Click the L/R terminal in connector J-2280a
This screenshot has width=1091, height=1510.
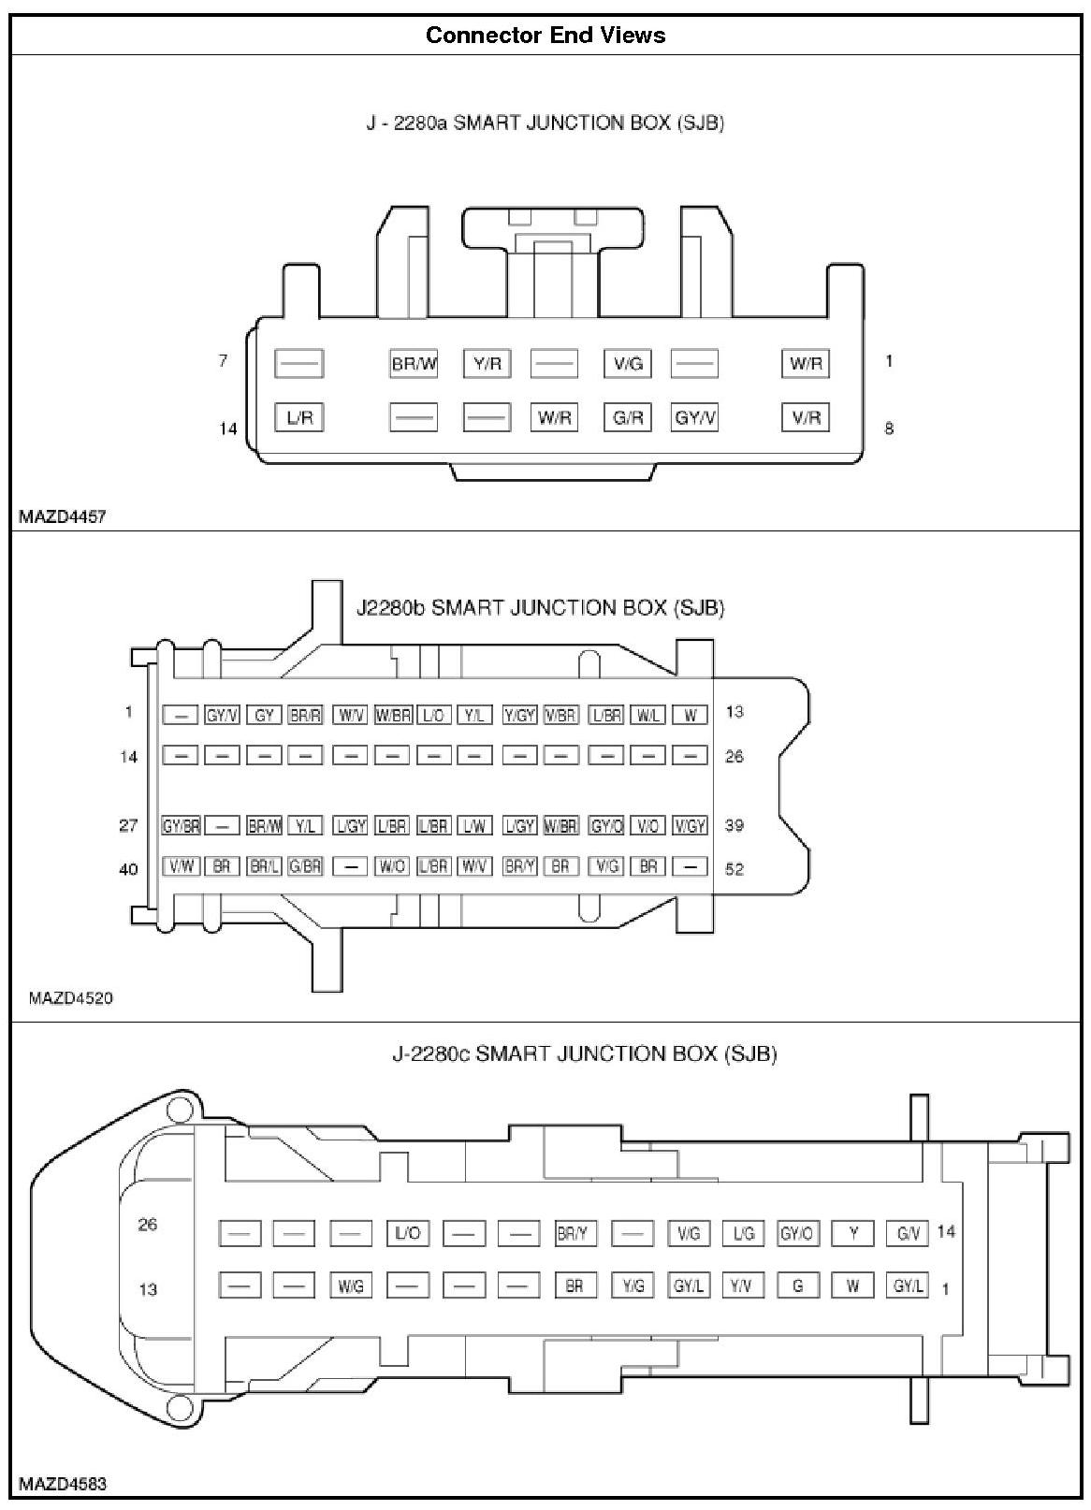point(298,417)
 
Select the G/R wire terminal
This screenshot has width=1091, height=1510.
point(628,417)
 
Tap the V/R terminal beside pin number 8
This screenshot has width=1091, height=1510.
point(806,417)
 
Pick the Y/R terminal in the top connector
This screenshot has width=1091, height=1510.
point(487,363)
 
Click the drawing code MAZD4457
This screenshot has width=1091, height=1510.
point(62,516)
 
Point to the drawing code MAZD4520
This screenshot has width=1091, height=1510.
point(70,997)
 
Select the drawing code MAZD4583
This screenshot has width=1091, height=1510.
point(62,1483)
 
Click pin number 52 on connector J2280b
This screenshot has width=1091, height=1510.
point(735,869)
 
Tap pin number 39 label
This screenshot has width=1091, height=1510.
point(735,825)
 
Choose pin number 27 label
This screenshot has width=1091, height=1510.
point(128,825)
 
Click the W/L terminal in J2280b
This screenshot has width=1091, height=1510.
point(648,716)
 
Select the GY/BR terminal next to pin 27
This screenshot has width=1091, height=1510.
point(181,826)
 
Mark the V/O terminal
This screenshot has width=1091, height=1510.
point(648,826)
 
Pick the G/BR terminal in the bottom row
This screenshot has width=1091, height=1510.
point(305,866)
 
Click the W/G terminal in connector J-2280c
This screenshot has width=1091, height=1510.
point(351,1286)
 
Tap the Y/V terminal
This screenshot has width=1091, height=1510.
point(741,1286)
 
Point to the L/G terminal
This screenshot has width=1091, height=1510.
point(744,1234)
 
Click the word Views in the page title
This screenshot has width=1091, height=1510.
point(633,36)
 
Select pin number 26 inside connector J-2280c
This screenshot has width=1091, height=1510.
point(148,1224)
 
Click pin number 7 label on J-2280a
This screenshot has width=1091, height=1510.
point(223,360)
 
